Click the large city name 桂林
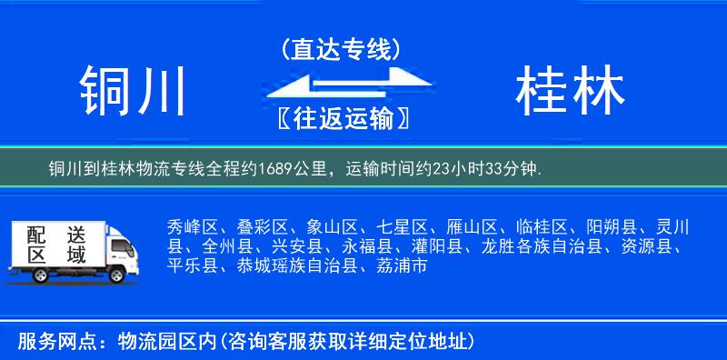(570, 92)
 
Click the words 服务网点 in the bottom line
(47, 341)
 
